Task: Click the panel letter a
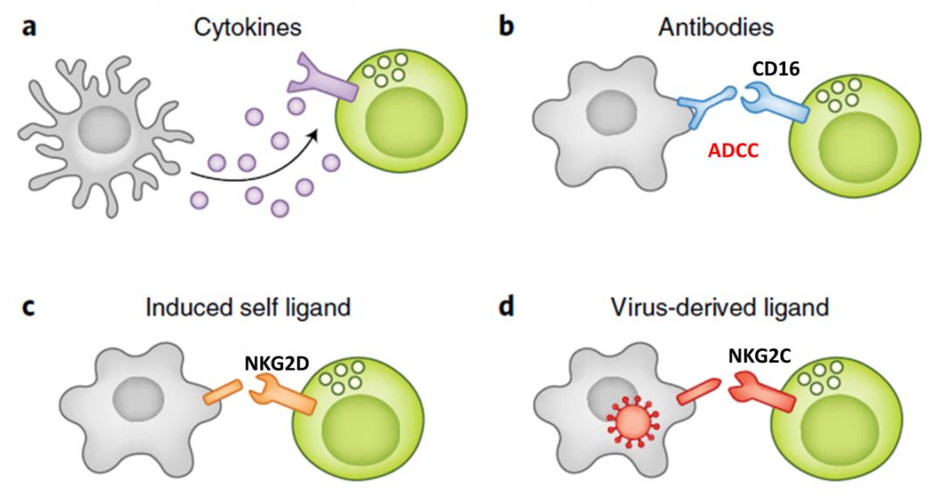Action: pyautogui.click(x=30, y=28)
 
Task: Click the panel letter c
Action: pyautogui.click(x=29, y=309)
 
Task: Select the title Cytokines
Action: pyautogui.click(x=247, y=27)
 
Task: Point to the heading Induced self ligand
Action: pyautogui.click(x=247, y=309)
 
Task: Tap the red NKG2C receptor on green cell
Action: pyautogui.click(x=766, y=393)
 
